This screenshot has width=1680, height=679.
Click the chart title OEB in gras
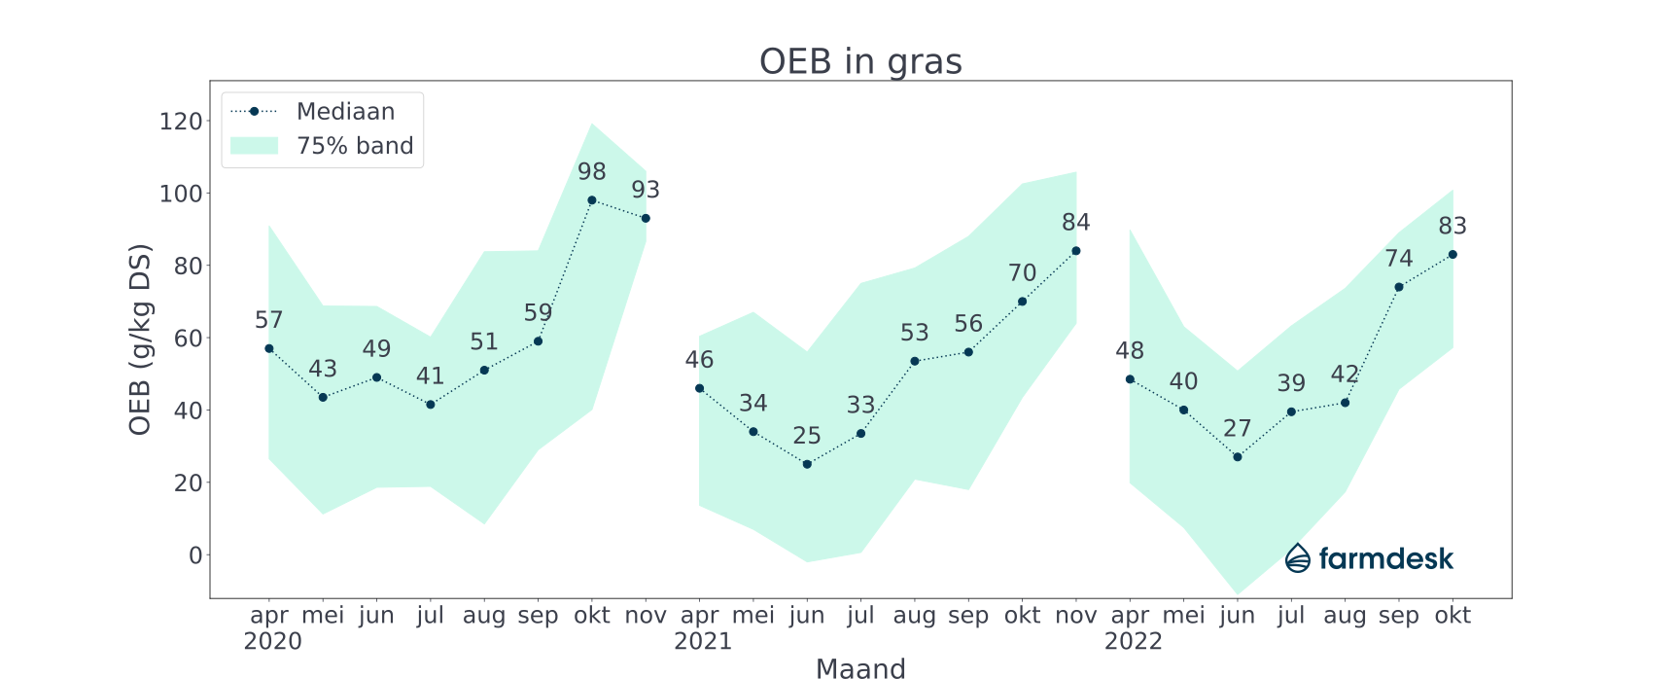pos(860,61)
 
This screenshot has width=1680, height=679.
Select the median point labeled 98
pos(592,200)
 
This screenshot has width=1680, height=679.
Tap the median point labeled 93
pos(646,218)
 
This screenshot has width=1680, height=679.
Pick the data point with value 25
pos(807,464)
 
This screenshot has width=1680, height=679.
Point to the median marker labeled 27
pos(1238,457)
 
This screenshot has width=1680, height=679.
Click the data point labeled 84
pos(1076,251)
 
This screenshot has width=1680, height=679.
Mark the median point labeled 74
pos(1399,287)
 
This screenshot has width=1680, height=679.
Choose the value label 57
pos(269,320)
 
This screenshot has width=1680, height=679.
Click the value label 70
pos(1022,273)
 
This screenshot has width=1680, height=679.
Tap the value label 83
pos(1452,227)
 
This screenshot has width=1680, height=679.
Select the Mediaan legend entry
pos(345,112)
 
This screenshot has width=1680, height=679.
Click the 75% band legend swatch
pos(255,146)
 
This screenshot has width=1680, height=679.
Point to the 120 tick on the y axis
pos(181,122)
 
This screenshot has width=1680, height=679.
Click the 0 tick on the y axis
pos(195,555)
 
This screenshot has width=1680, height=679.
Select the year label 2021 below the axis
pos(703,642)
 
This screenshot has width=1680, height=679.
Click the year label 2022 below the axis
pos(1134,642)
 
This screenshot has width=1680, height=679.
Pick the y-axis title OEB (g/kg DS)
pos(141,339)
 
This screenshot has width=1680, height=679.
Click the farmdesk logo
pos(1369,558)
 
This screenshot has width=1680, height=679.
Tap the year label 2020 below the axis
pos(272,642)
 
